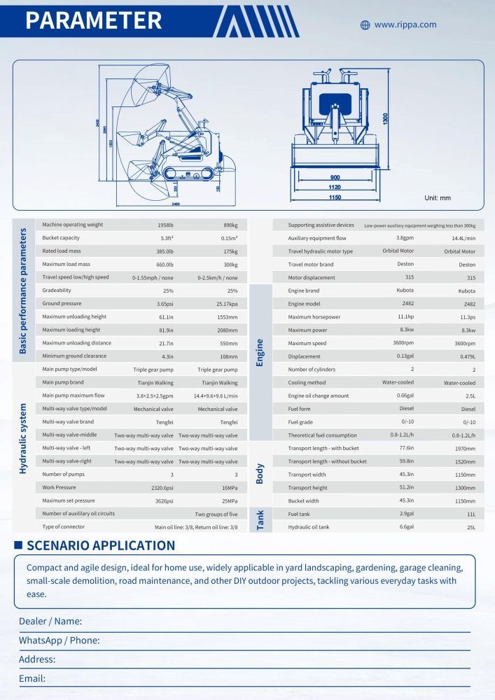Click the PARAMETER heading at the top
tap(94, 20)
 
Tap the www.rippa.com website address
tap(405, 24)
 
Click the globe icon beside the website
tap(365, 25)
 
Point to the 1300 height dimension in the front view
tap(386, 119)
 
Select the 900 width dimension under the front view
tap(335, 177)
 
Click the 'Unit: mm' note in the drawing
tap(438, 198)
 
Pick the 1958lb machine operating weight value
tap(166, 225)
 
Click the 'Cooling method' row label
tap(307, 383)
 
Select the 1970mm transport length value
tap(465, 449)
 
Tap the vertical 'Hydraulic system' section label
tap(23, 438)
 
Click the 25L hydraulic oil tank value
tap(469, 527)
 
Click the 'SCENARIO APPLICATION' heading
tap(101, 545)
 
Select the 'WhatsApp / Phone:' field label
tap(59, 640)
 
